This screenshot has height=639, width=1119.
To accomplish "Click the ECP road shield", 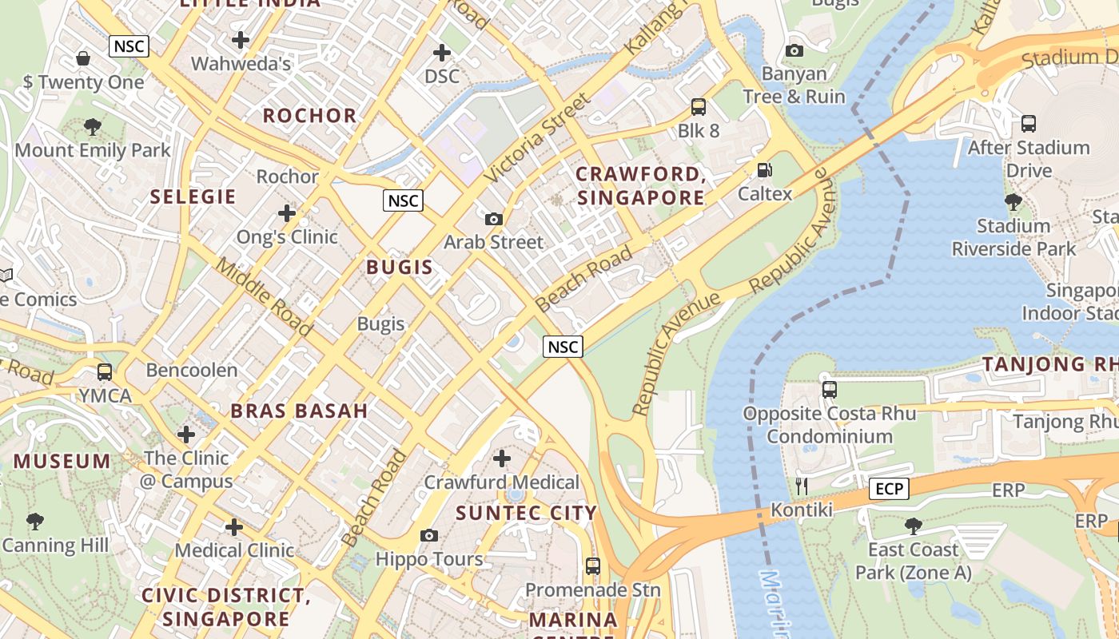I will [889, 489].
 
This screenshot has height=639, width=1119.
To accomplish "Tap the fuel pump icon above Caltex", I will [765, 169].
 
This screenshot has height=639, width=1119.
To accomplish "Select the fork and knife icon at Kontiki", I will [802, 486].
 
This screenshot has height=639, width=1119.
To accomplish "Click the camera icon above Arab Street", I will [494, 219].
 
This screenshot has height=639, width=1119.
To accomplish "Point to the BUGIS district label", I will [400, 268].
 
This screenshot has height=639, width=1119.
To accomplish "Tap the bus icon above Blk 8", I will [699, 107].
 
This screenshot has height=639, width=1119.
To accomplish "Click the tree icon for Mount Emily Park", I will [93, 127].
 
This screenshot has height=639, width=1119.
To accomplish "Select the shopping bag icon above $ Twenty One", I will [83, 58].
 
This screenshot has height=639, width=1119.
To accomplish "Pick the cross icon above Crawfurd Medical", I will [502, 458].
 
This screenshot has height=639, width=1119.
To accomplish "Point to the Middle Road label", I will [264, 297].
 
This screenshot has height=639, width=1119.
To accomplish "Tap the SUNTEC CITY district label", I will [527, 513].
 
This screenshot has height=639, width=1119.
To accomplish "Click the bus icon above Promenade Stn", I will [592, 566].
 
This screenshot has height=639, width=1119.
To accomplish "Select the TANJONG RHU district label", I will [1049, 364].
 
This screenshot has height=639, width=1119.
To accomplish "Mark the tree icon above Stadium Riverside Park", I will [1013, 202].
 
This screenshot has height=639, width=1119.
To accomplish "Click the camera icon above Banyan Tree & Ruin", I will [794, 51].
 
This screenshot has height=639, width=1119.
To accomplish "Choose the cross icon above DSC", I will [442, 53].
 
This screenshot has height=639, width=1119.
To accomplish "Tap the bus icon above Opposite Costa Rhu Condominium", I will [830, 390].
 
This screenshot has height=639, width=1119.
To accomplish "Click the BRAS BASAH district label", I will [300, 411].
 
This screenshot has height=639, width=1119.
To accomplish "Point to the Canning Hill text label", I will [55, 546].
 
